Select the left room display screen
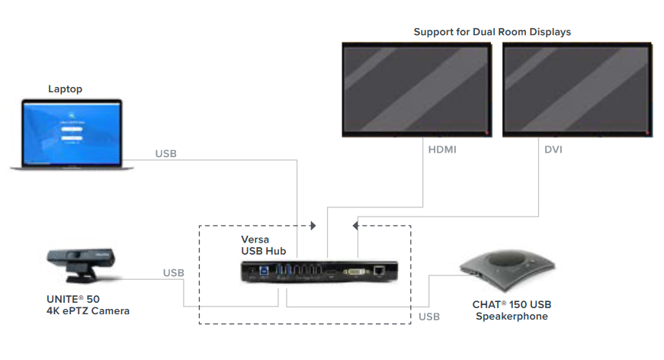(415, 89)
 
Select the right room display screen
(576, 89)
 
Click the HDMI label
(442, 150)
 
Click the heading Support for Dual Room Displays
(492, 32)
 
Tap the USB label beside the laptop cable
(166, 153)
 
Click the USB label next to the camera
(173, 272)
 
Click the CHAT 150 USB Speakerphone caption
(512, 310)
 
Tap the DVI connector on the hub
(355, 270)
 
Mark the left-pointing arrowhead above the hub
(357, 226)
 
